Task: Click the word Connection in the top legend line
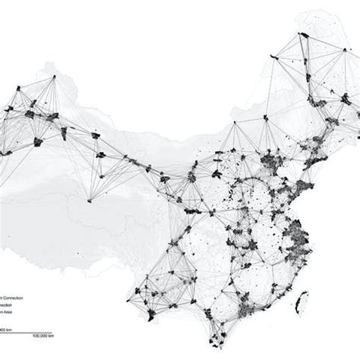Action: tap(13, 298)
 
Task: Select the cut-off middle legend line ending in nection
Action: tap(8, 305)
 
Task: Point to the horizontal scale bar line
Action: tap(30, 330)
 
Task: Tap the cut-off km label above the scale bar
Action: tap(5, 329)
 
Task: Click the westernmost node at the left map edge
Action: tap(4, 150)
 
